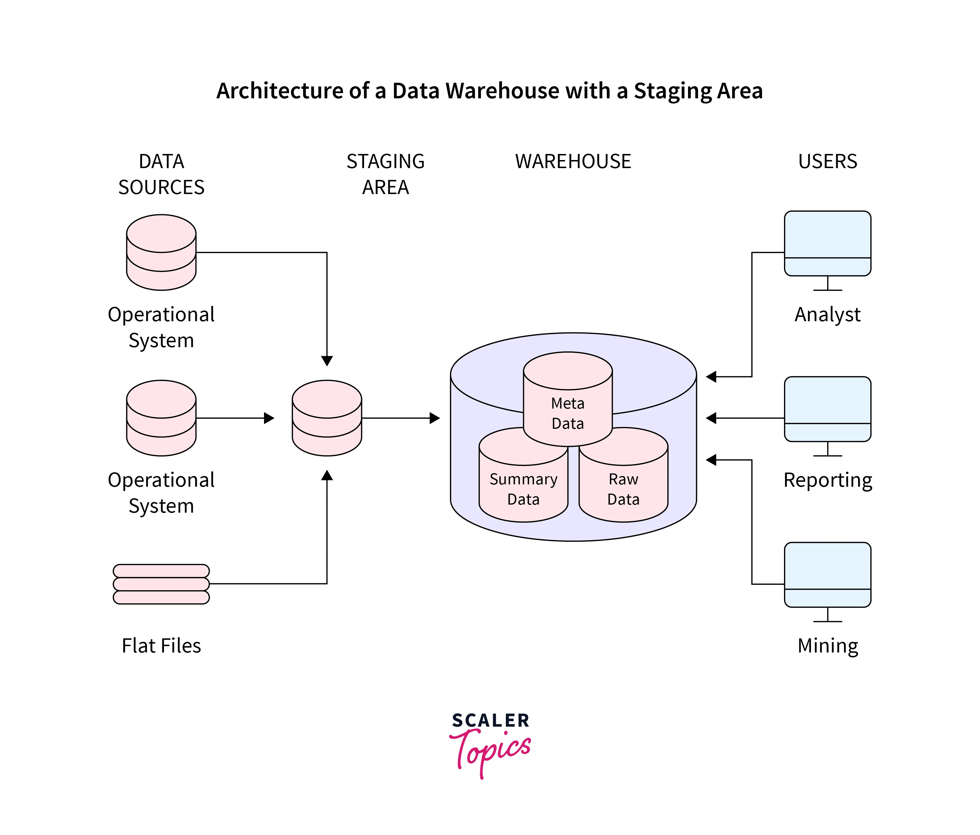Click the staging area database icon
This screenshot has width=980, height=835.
[327, 418]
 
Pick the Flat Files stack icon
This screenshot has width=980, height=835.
[161, 584]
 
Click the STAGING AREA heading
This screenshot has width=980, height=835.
[385, 174]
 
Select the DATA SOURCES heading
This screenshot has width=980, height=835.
[161, 174]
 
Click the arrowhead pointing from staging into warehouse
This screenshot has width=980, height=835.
[435, 418]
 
